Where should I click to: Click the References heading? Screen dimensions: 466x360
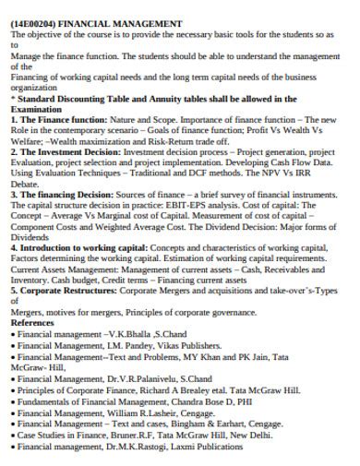[34, 324]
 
